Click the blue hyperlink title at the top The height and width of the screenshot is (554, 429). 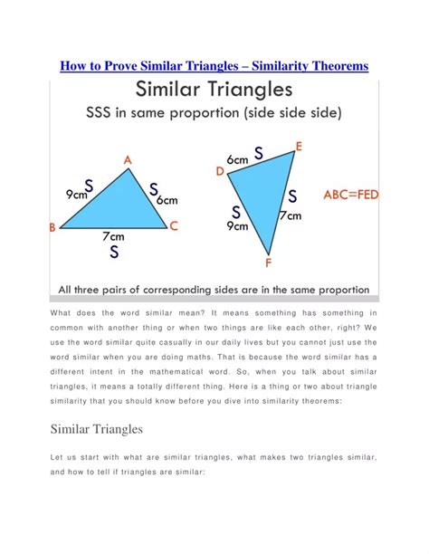click(x=214, y=67)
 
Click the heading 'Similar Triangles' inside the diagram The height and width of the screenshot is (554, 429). click(x=214, y=91)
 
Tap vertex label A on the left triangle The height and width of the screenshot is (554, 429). click(x=128, y=160)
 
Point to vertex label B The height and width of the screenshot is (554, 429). click(x=52, y=229)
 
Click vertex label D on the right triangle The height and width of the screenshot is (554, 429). click(x=219, y=170)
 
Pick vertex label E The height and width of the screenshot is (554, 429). click(x=299, y=146)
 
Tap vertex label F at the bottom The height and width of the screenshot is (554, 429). click(x=268, y=263)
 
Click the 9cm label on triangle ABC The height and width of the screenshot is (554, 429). click(x=76, y=194)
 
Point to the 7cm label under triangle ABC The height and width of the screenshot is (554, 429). click(x=114, y=235)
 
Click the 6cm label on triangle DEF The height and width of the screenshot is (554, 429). click(x=238, y=159)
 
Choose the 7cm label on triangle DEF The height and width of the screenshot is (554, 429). click(x=290, y=216)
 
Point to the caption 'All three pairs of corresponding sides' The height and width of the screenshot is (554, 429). click(x=214, y=290)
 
